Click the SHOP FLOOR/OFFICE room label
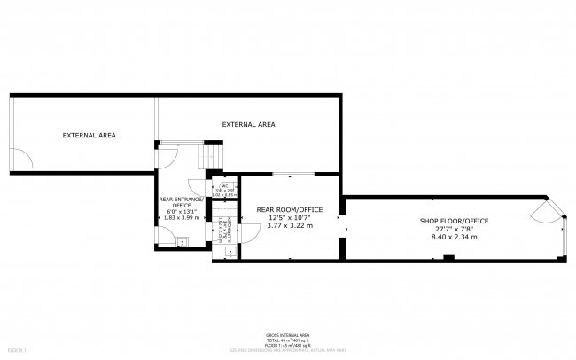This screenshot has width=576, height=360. (454, 221)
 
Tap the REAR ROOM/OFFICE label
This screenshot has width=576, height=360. (289, 209)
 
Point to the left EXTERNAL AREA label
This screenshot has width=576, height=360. (89, 135)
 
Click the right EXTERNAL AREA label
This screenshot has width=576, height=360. (248, 125)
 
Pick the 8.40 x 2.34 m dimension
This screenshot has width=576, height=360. (454, 237)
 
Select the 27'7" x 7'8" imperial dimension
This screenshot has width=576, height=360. (454, 229)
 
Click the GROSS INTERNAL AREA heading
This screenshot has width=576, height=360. (287, 334)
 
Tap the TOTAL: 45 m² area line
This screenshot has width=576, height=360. (287, 340)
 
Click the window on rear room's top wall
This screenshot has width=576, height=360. (293, 174)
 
